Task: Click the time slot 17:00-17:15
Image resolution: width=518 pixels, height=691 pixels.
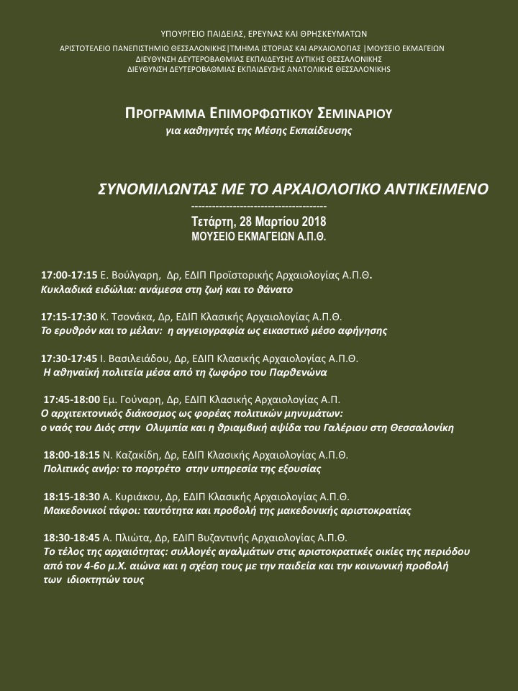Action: [69, 276]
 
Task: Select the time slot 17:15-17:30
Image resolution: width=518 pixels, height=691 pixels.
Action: [69, 317]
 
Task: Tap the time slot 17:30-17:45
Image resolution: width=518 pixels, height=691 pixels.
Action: [69, 358]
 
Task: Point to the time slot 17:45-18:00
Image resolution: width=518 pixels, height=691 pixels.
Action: [72, 399]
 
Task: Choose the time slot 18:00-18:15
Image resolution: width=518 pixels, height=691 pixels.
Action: [72, 455]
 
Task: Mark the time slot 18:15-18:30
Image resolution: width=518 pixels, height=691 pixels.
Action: [72, 496]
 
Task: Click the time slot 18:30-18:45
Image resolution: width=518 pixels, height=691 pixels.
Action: [72, 537]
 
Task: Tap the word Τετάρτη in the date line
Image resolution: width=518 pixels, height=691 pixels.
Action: [215, 220]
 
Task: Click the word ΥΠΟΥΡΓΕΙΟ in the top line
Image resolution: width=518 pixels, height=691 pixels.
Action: [186, 33]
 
